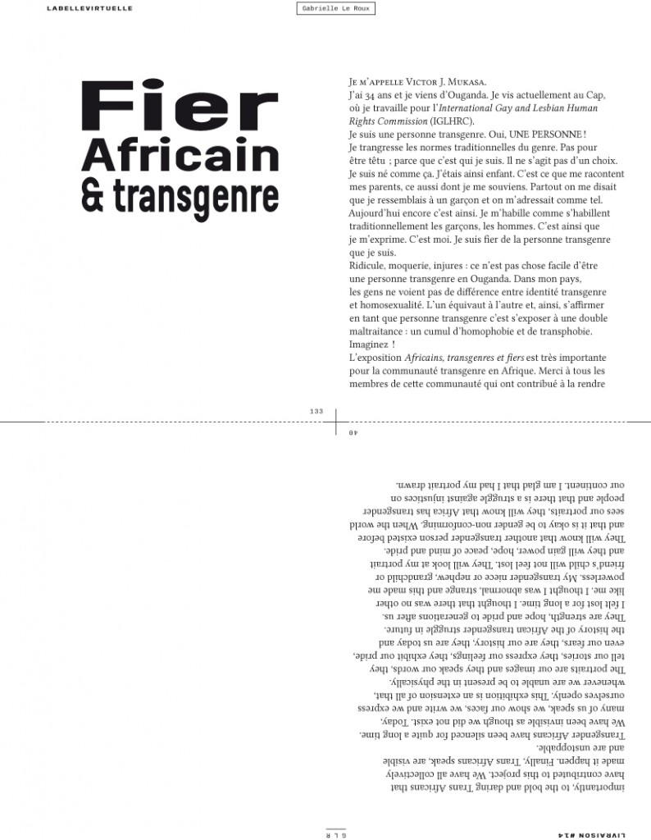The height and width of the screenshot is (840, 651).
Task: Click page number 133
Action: [317, 411]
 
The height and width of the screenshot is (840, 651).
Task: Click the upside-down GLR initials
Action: [335, 834]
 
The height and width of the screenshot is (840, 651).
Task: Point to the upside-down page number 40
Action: [353, 432]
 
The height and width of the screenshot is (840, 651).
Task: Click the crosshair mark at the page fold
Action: [336, 421]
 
